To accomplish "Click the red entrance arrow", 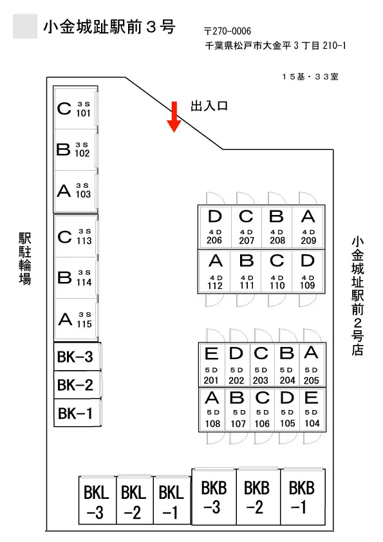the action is click(174, 117).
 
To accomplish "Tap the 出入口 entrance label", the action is click(209, 106).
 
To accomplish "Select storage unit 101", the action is click(75, 109).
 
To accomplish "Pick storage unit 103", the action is click(75, 191).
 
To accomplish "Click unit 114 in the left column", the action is click(76, 278).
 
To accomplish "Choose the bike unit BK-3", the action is click(77, 357).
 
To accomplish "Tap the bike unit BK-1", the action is click(77, 413).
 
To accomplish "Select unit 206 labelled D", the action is click(215, 227).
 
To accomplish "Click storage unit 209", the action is click(308, 227).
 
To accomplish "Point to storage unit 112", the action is click(215, 272).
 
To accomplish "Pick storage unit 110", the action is click(277, 272).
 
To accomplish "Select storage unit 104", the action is click(312, 409).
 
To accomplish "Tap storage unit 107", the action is click(237, 409).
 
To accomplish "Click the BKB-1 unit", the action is click(303, 497).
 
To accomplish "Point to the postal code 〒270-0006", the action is click(227, 31).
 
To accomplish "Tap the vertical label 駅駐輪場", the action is click(25, 259).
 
